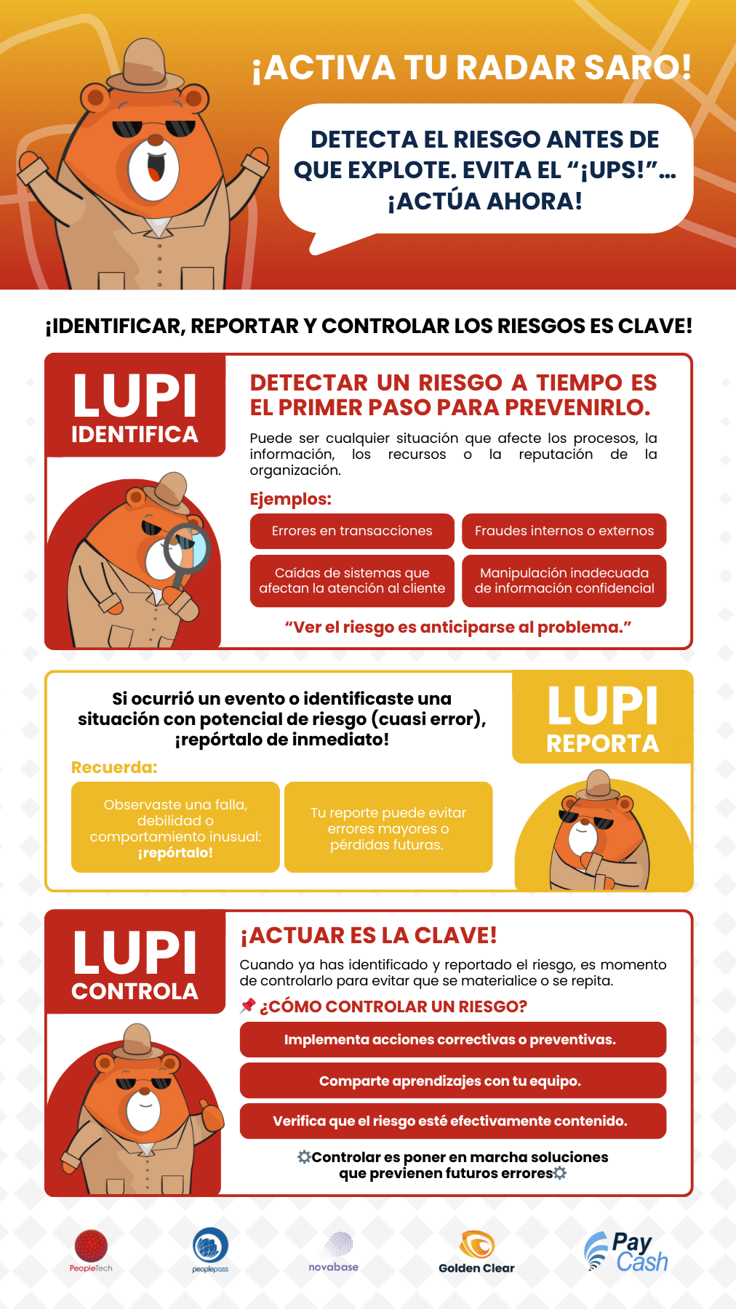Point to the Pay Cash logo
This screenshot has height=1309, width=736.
pos(626,1252)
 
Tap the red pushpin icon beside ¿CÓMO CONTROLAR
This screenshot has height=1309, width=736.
pos(248,1006)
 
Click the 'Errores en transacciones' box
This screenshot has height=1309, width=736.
pos(352,531)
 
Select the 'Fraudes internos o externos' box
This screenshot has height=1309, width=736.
pos(564,531)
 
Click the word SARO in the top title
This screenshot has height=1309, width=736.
pos(637,68)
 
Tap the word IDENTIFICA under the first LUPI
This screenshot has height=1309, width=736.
pos(135,434)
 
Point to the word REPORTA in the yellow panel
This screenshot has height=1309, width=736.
pos(602,743)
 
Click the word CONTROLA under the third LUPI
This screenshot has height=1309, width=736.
pos(135,991)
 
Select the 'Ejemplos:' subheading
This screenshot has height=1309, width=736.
pos(290,499)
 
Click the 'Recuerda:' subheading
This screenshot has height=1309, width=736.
pos(114,767)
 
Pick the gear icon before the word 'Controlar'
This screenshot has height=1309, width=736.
pos(304,1156)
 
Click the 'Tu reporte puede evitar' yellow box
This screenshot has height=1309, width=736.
pos(388,828)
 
